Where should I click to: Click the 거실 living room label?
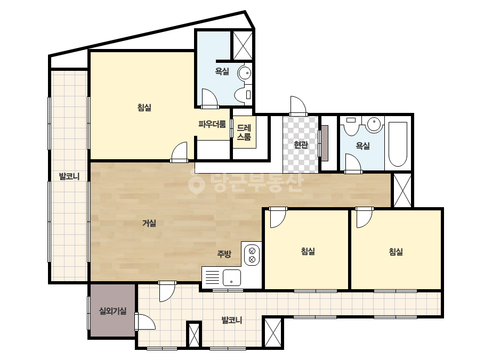[x=149, y=223]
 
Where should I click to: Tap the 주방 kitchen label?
[x=224, y=253]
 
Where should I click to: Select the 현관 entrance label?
[x=301, y=145]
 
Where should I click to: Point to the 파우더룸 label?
[x=212, y=124]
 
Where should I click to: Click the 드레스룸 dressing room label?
[x=244, y=132]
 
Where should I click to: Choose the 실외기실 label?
[x=112, y=311]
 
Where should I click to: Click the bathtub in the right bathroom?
[x=398, y=144]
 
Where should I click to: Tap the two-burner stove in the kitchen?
[x=252, y=255]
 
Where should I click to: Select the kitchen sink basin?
[x=231, y=277]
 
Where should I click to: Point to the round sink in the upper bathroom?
[x=245, y=73]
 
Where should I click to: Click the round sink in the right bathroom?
[x=374, y=124]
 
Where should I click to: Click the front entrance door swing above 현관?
[x=298, y=105]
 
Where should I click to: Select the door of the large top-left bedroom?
[x=179, y=152]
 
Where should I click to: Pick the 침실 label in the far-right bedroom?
[x=396, y=251]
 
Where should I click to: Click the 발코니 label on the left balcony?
[x=69, y=176]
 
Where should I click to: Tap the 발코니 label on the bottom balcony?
[x=231, y=320]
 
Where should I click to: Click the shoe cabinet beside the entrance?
[x=325, y=143]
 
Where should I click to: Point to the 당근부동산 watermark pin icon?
[x=196, y=182]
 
